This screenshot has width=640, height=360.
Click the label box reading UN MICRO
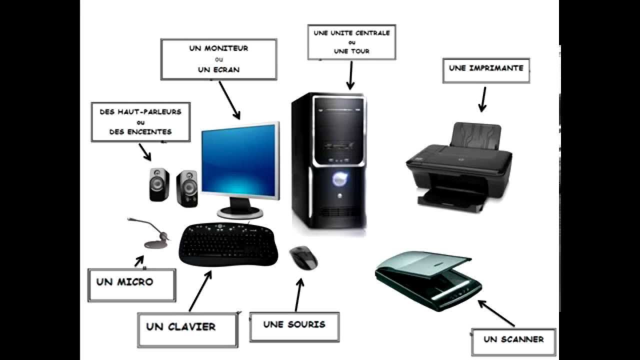(x=131, y=284)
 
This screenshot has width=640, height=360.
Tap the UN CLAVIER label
(x=187, y=329)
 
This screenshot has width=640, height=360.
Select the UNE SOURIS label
(x=294, y=326)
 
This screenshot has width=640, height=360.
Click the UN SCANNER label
(x=513, y=341)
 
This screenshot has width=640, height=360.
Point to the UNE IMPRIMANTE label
(x=485, y=69)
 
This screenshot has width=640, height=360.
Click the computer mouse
(x=303, y=257)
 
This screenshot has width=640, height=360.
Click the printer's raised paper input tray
(x=475, y=136)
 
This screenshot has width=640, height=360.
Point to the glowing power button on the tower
(x=339, y=177)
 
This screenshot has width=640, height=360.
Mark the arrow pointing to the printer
(x=482, y=99)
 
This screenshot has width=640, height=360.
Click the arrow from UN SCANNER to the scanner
(x=496, y=313)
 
